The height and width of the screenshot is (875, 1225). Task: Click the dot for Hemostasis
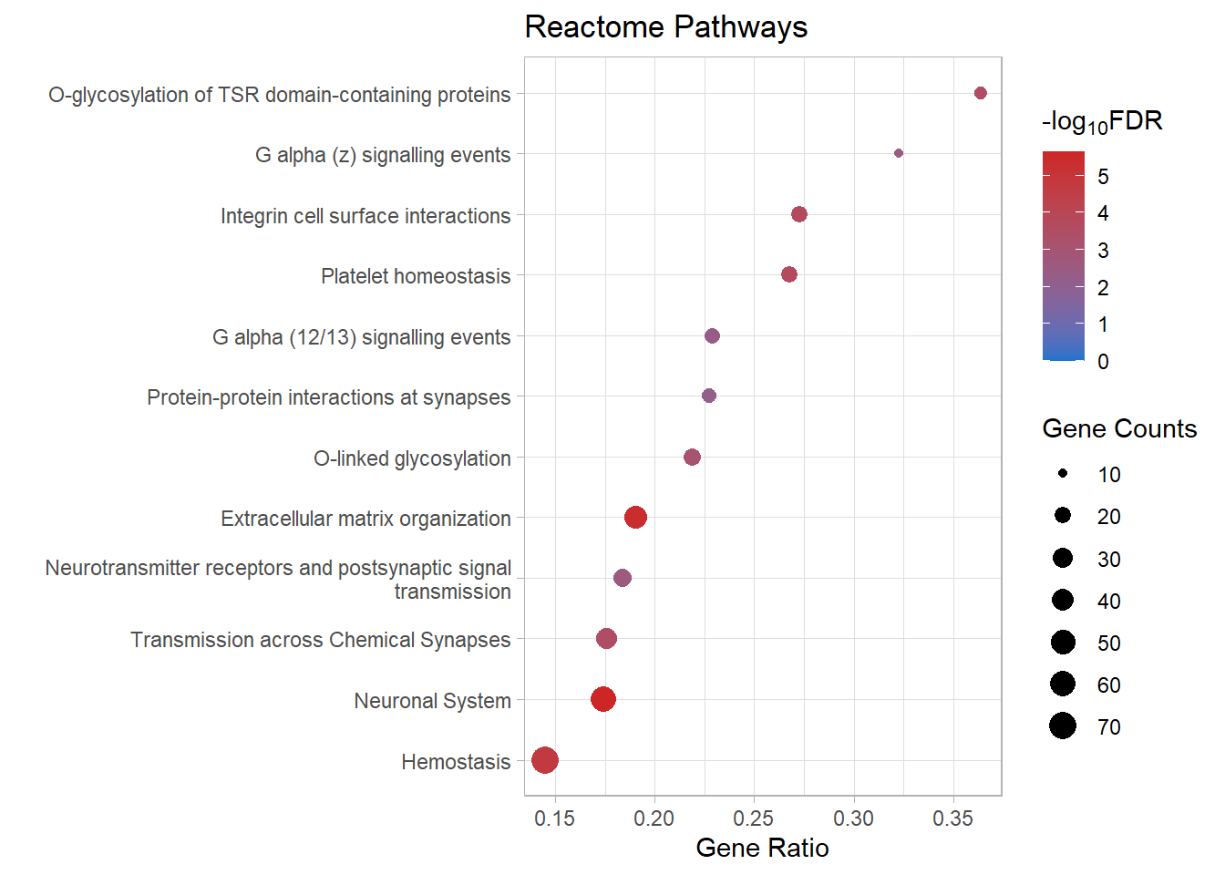click(x=545, y=760)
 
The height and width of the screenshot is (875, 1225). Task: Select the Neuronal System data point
click(x=603, y=699)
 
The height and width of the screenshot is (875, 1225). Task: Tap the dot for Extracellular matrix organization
click(x=636, y=518)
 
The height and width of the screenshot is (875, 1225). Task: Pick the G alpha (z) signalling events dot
click(x=899, y=153)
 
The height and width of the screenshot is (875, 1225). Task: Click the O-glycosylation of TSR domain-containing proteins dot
click(x=981, y=93)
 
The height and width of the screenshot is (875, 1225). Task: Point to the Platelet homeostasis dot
click(x=789, y=274)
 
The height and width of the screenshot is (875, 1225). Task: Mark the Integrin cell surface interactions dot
click(x=799, y=214)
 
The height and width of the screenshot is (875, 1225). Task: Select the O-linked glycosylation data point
click(x=692, y=457)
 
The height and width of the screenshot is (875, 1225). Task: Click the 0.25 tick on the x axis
click(x=754, y=818)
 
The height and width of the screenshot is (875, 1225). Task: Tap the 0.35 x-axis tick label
click(x=952, y=818)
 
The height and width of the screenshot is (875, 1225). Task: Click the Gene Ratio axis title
click(x=762, y=848)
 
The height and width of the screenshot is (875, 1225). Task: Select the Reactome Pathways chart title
click(x=665, y=27)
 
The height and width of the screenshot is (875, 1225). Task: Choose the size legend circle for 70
click(x=1063, y=726)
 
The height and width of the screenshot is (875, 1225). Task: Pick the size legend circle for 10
click(x=1063, y=474)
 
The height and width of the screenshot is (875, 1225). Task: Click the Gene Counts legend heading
click(x=1118, y=428)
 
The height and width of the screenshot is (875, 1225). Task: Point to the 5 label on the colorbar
click(x=1103, y=177)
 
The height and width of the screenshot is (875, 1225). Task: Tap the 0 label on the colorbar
click(x=1103, y=362)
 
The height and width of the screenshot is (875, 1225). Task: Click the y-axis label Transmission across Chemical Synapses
click(x=320, y=640)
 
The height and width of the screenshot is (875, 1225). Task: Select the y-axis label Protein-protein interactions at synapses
click(x=328, y=397)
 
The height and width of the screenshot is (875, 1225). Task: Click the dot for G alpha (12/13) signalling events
click(x=713, y=336)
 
